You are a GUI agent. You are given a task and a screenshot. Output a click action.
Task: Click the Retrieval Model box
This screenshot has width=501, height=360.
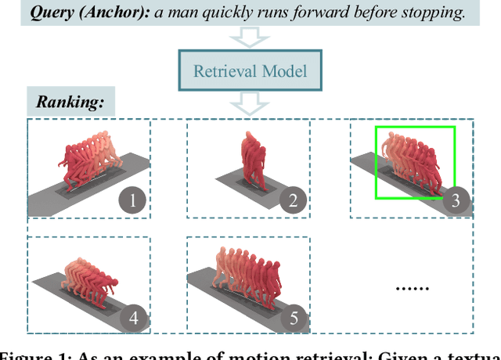(250, 72)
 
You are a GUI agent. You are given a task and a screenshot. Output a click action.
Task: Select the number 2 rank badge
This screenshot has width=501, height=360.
(293, 201)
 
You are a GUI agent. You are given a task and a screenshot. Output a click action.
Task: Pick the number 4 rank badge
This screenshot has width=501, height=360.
(133, 319)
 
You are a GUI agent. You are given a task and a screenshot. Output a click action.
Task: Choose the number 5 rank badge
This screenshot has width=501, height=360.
(293, 319)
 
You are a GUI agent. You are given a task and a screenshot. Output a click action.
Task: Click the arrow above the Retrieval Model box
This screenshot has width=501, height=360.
(250, 39)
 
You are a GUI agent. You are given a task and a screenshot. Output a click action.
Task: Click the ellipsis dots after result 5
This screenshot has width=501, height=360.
(411, 287)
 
